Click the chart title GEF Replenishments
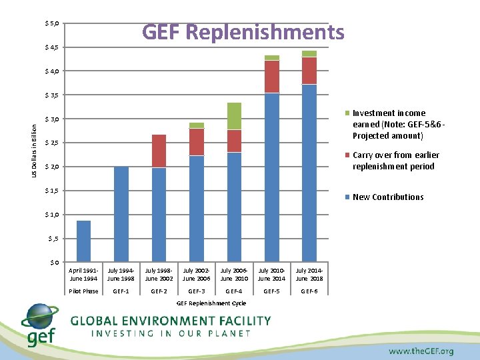coord(243,32)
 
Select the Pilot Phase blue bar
coord(83,241)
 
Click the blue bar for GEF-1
coord(121,213)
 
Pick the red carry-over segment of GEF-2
coord(159,151)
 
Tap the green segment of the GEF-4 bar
coord(234,116)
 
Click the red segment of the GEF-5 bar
coord(271,77)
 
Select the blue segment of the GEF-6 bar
coord(309,173)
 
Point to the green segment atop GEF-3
coord(196,125)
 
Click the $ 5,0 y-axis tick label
coord(51,24)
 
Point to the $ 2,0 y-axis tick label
coord(51,167)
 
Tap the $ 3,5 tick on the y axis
coord(51,95)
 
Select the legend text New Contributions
coord(388,197)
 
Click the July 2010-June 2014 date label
coord(271,274)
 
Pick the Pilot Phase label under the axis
coord(83,291)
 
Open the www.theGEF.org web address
coord(421,351)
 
